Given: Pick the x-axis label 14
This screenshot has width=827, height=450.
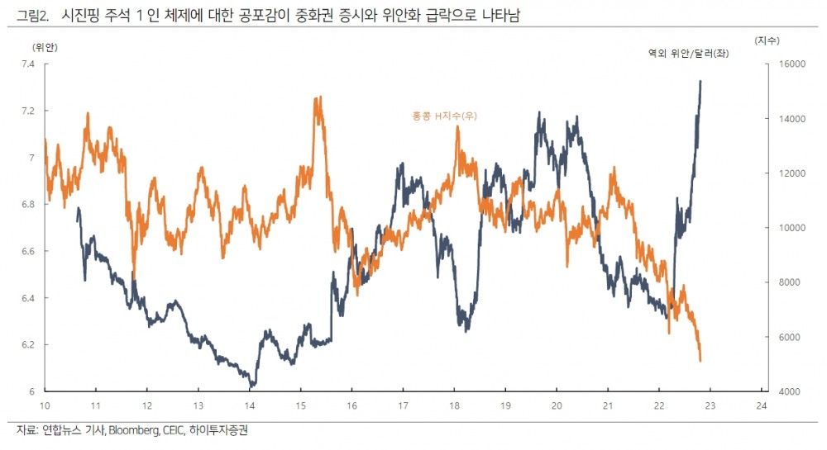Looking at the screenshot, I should tap(249, 405).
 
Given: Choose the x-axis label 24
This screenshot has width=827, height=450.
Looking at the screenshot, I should tap(762, 405).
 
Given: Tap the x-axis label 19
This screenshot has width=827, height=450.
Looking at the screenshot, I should tap(505, 405).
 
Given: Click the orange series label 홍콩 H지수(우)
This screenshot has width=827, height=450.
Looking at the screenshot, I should tap(444, 116).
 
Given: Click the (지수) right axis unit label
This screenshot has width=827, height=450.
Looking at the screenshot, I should tap(767, 40).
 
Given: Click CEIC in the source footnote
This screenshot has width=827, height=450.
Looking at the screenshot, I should tap(174, 430).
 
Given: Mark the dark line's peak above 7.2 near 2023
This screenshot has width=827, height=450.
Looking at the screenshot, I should tap(700, 81).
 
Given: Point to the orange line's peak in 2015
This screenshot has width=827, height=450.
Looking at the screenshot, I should tap(317, 97).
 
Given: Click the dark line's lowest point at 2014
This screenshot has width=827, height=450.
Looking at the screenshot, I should tap(251, 386).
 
